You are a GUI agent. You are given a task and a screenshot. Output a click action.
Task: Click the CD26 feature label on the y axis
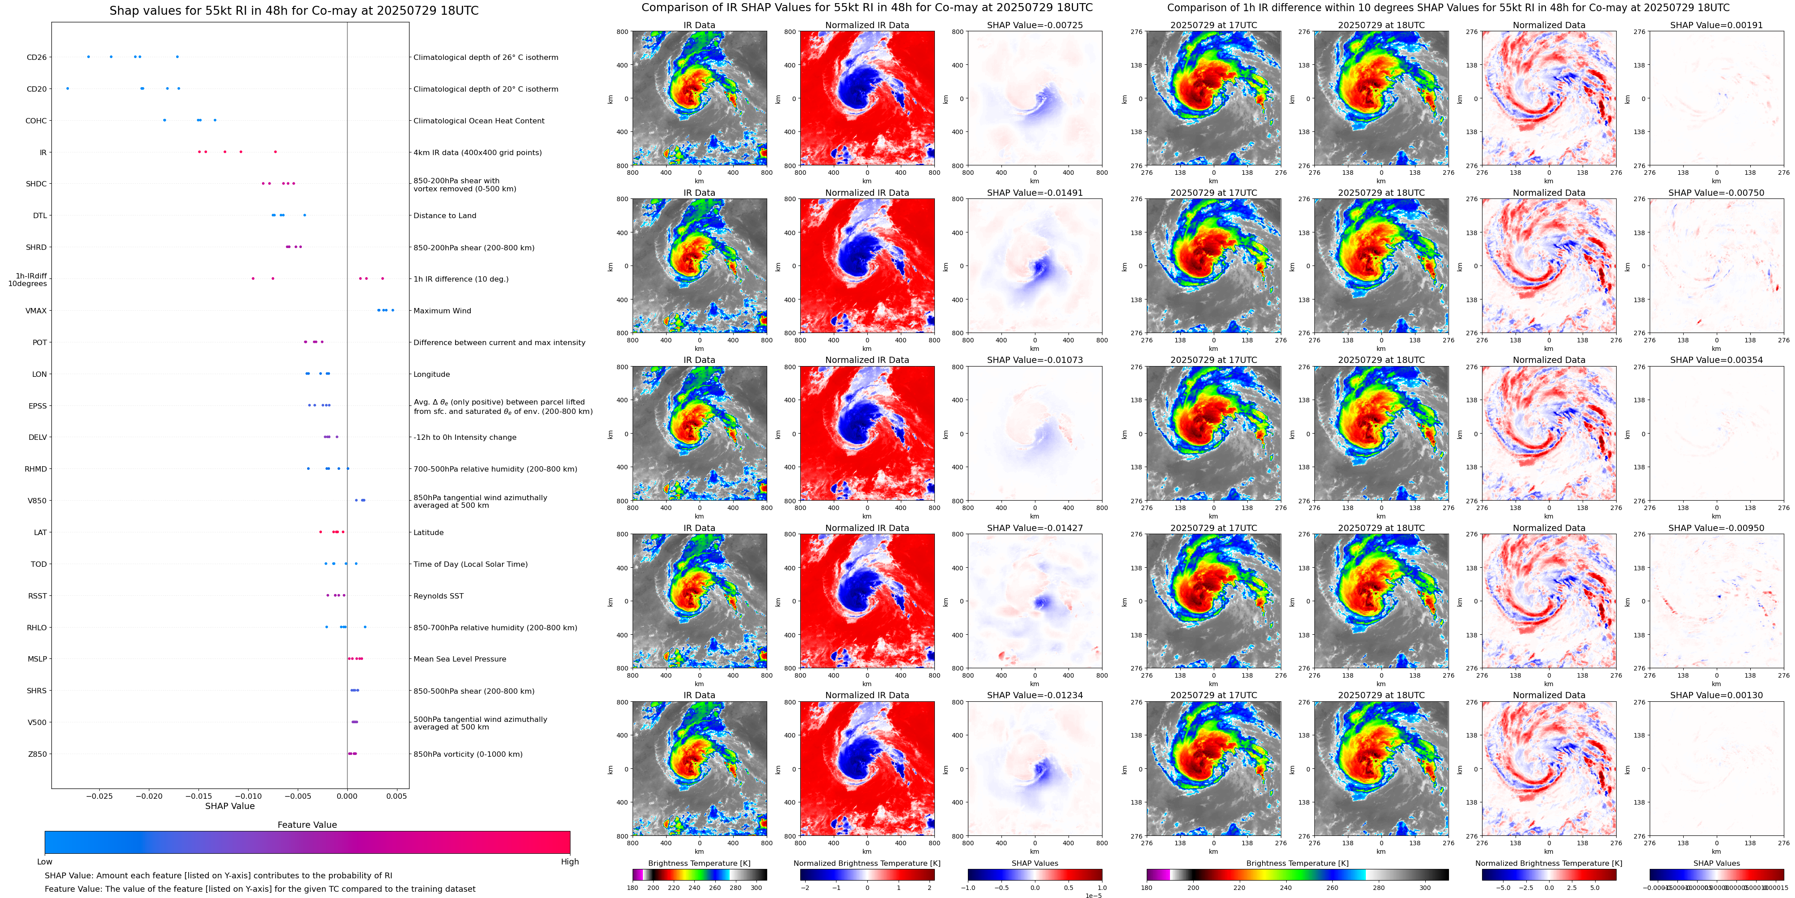pos(36,57)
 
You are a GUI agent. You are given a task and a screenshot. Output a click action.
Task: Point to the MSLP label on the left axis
pos(37,659)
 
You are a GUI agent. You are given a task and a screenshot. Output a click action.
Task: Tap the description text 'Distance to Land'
pos(444,216)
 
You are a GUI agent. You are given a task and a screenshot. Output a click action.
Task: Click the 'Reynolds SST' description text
pos(438,596)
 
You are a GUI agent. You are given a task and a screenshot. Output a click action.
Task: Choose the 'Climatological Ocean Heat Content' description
pos(479,121)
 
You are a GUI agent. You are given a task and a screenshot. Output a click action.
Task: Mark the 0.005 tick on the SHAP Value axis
pos(397,796)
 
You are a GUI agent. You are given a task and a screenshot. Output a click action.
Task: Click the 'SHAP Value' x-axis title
pos(230,806)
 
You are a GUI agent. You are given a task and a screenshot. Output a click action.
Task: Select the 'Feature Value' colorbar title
pos(307,825)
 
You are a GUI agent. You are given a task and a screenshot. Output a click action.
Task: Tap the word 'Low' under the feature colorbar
pos(45,862)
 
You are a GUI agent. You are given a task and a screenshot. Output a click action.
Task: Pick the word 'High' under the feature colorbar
pos(570,862)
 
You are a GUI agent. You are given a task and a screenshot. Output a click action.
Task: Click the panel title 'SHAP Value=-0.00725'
pos(1035,25)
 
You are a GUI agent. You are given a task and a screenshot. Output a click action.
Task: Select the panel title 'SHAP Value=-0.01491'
pos(1035,193)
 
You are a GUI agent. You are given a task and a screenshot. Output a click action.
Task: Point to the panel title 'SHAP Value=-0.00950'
pos(1716,528)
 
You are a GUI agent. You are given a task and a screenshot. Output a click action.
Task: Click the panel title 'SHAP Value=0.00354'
pos(1716,360)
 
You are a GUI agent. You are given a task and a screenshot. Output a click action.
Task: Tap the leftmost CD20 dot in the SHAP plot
pos(68,89)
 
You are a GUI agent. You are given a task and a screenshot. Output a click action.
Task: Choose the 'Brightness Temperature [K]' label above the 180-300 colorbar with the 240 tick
pos(699,863)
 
